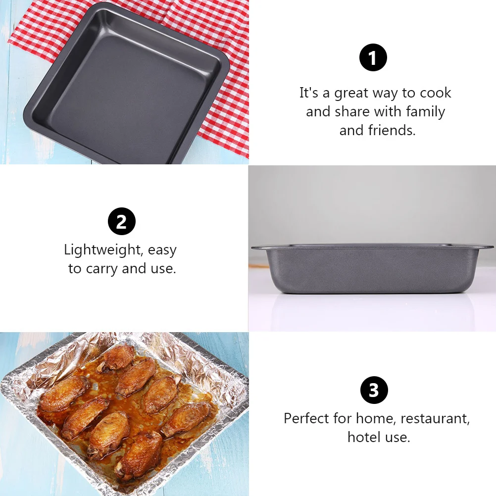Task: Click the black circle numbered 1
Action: pos(373,58)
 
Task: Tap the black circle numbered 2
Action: pos(121,222)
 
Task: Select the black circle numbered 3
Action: pos(373,390)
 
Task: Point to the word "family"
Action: pos(425,112)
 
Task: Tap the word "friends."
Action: pos(392,130)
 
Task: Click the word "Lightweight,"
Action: pos(103,250)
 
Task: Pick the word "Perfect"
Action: pos(306,419)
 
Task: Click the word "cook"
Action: pos(436,94)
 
